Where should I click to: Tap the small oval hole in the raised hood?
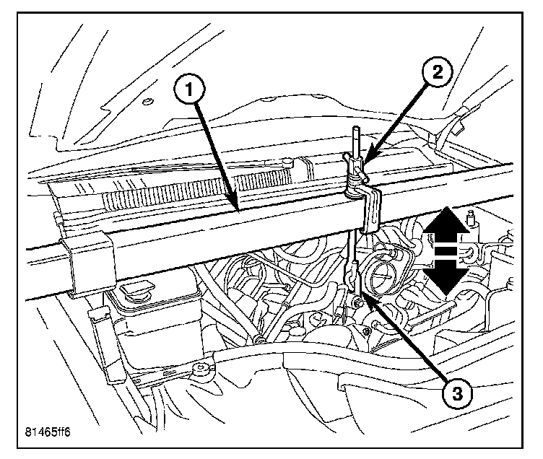pos(147,100)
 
